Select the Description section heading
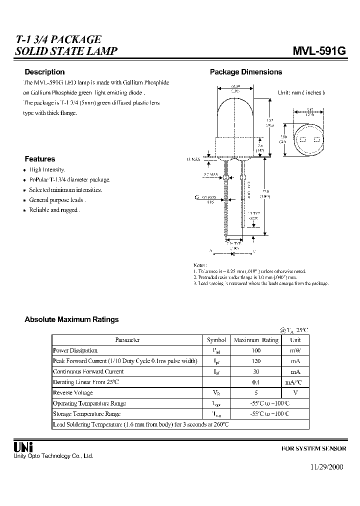(x=44, y=72)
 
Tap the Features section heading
(x=39, y=159)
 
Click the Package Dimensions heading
(x=245, y=72)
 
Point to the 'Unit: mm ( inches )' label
(x=301, y=93)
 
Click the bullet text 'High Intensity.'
(x=47, y=170)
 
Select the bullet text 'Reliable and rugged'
(x=54, y=210)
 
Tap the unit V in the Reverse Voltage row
(x=295, y=392)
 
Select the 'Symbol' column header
(x=216, y=340)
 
